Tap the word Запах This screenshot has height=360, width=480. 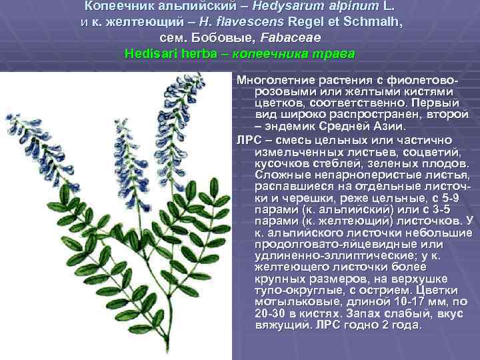357,314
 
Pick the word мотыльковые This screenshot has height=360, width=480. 292,303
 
